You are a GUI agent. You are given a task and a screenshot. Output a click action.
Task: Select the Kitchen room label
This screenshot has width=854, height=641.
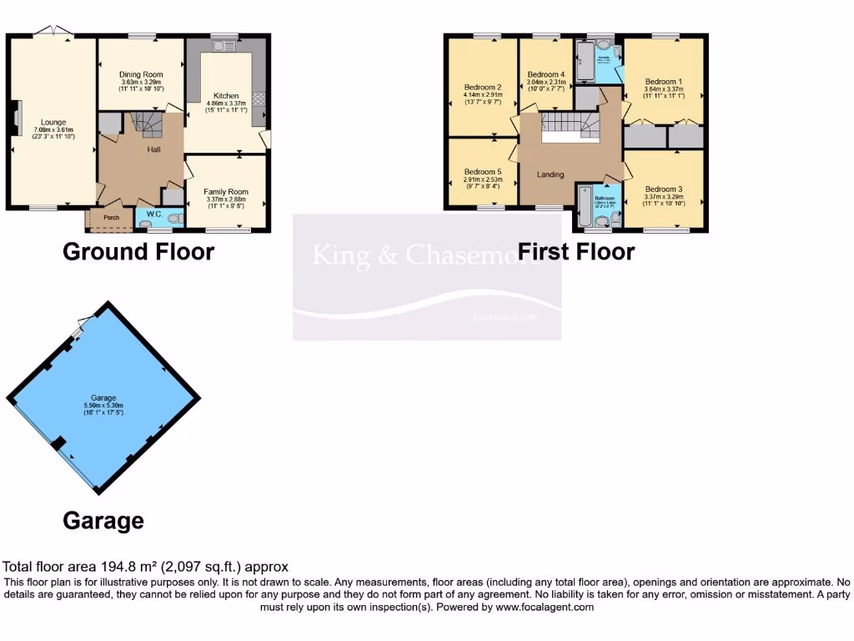tap(226, 95)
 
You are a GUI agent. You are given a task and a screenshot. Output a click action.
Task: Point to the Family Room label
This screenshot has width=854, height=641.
tap(226, 192)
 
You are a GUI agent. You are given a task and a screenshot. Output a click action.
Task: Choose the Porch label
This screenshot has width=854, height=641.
tap(111, 219)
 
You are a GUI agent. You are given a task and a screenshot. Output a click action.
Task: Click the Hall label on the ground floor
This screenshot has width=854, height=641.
tap(154, 149)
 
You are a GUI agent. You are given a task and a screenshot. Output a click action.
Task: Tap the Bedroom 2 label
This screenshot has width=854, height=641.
tap(482, 88)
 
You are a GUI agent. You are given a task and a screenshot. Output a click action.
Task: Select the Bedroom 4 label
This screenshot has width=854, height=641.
tap(546, 74)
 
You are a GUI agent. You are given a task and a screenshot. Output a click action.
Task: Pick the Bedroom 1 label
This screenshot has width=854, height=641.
tap(663, 82)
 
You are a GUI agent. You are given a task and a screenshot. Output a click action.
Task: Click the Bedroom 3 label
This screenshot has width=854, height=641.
tap(663, 189)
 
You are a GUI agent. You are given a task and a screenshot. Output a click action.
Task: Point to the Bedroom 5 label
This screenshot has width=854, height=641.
tap(483, 172)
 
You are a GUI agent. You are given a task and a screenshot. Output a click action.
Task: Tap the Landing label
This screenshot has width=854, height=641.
tap(550, 174)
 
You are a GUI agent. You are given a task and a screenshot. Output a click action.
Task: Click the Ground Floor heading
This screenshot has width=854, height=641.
tap(138, 251)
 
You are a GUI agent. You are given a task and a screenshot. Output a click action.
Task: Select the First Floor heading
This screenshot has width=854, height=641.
tap(576, 251)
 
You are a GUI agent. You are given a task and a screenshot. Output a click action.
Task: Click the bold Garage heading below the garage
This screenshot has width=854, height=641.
tap(103, 522)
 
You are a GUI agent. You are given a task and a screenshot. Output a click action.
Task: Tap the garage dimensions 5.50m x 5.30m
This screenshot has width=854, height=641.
tap(103, 406)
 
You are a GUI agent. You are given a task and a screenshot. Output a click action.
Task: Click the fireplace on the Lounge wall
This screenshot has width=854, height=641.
tap(16, 118)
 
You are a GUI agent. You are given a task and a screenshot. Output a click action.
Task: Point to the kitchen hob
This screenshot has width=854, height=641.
tap(258, 98)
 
